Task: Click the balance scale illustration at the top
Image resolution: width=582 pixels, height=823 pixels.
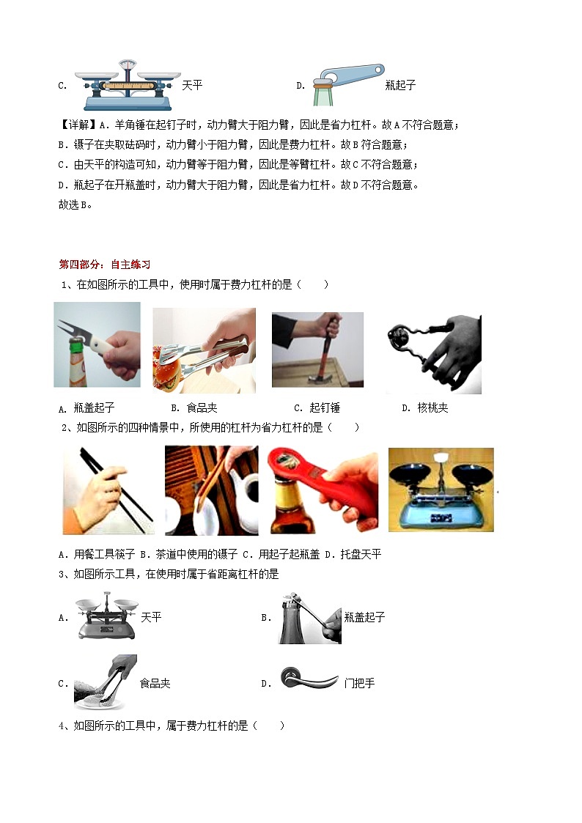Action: pyautogui.click(x=127, y=84)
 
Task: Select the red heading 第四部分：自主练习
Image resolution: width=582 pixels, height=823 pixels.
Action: pyautogui.click(x=104, y=265)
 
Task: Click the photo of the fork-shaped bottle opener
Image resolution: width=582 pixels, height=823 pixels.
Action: pyautogui.click(x=97, y=344)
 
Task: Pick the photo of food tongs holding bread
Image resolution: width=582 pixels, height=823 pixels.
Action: pyautogui.click(x=204, y=350)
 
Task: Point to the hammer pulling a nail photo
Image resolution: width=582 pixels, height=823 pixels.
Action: pyautogui.click(x=317, y=350)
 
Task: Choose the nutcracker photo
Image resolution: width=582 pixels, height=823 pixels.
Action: pyautogui.click(x=432, y=354)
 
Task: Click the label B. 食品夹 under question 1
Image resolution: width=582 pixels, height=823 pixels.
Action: pyautogui.click(x=194, y=408)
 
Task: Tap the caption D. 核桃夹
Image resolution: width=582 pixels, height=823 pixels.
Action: pyautogui.click(x=425, y=408)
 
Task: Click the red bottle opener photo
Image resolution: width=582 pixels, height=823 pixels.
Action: pyautogui.click(x=323, y=490)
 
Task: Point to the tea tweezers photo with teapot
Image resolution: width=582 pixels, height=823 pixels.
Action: pyautogui.click(x=211, y=490)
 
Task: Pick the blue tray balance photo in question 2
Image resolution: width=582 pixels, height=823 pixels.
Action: pyautogui.click(x=441, y=490)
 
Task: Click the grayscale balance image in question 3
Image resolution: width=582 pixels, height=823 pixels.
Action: pyautogui.click(x=106, y=617)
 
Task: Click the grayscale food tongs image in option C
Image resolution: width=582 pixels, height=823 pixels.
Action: pyautogui.click(x=105, y=682)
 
